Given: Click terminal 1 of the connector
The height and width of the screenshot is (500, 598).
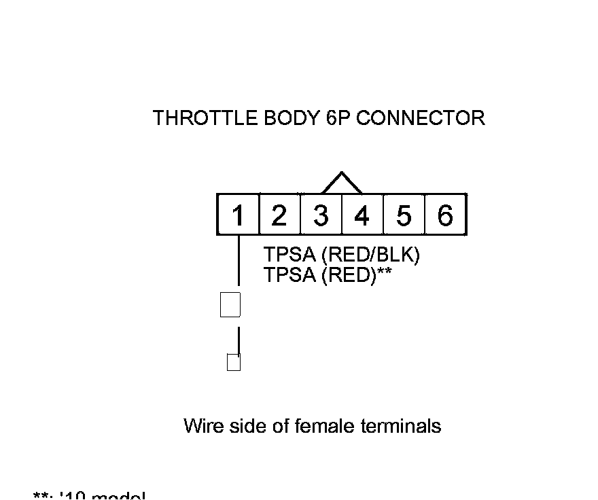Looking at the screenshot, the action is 238,215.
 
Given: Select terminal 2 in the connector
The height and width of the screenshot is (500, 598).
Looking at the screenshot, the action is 279,215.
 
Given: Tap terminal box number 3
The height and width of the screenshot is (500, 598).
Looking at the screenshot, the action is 321,215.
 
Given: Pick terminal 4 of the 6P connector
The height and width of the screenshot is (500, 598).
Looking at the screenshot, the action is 362,215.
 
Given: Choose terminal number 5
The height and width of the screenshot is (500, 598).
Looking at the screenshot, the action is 404,215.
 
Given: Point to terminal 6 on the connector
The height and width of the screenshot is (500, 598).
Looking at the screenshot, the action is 445,215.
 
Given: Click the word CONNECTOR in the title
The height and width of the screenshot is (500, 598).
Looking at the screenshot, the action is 421,118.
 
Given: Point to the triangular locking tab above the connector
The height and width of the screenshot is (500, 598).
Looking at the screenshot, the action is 342,182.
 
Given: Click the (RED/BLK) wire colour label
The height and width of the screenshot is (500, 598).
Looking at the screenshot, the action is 371,255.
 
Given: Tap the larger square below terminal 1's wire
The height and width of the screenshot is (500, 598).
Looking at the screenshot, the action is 230,304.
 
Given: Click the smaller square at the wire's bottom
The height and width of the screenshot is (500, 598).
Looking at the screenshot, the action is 233,362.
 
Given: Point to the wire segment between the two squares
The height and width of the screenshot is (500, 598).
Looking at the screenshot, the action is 239,340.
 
